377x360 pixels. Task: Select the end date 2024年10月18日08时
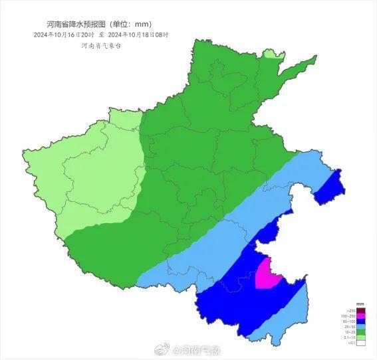[138, 34]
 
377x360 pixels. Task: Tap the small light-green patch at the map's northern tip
[271, 54]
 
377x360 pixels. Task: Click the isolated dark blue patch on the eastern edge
[329, 187]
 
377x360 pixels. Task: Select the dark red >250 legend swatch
[361, 311]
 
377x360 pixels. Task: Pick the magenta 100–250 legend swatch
[361, 316]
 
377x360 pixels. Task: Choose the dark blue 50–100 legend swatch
[361, 321]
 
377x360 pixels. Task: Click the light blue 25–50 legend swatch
[361, 327]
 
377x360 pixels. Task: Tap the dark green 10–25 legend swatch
[361, 332]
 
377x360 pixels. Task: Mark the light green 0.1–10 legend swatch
[361, 337]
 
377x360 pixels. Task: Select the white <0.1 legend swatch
[361, 343]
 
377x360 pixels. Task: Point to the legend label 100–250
[350, 316]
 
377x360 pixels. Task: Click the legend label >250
[352, 311]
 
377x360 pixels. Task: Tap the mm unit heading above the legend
[361, 305]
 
